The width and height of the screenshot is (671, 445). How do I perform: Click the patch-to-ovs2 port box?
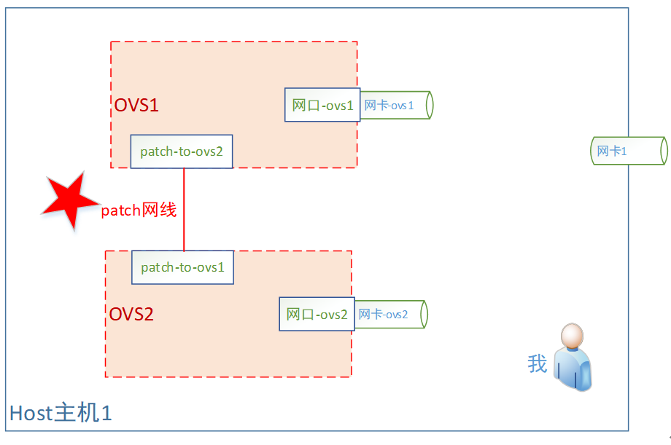(x=182, y=151)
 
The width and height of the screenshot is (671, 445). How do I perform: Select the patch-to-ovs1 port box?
(x=183, y=267)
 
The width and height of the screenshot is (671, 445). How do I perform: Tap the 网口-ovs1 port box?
(x=322, y=105)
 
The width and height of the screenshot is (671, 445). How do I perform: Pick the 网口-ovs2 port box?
(x=317, y=314)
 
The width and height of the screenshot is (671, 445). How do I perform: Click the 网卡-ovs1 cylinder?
(x=397, y=105)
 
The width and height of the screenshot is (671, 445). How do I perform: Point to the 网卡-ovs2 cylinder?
(x=391, y=314)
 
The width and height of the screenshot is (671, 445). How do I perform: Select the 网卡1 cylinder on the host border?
(x=629, y=151)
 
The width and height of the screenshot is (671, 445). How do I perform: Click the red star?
(x=70, y=201)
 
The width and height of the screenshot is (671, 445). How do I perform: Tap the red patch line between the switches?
(x=184, y=210)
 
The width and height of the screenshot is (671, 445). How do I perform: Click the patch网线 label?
(x=139, y=210)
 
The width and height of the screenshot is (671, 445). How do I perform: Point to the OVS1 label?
(x=136, y=105)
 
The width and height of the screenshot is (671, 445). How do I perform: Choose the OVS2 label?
(x=131, y=314)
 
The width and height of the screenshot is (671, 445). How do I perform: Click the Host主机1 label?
(x=61, y=413)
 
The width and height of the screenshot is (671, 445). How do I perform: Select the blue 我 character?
(x=538, y=363)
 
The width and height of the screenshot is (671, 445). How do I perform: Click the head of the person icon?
(x=572, y=335)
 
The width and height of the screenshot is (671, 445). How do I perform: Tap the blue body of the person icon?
(x=573, y=369)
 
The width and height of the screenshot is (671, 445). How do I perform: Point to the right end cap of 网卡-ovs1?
(x=430, y=105)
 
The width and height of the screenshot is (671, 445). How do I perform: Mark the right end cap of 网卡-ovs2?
(x=424, y=314)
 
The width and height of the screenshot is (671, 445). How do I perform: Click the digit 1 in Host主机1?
(x=106, y=414)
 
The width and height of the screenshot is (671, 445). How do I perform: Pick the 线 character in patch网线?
(x=168, y=210)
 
